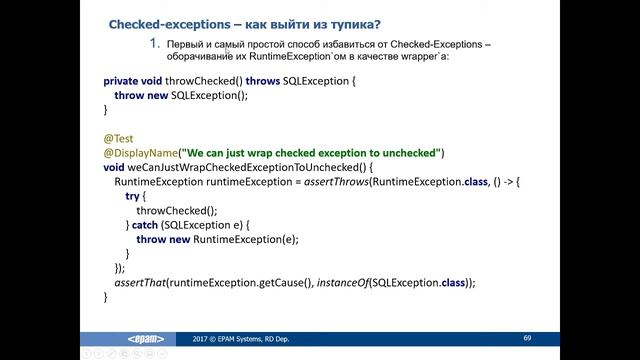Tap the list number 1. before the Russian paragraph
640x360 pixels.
point(154,43)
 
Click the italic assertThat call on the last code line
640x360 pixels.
point(139,283)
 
